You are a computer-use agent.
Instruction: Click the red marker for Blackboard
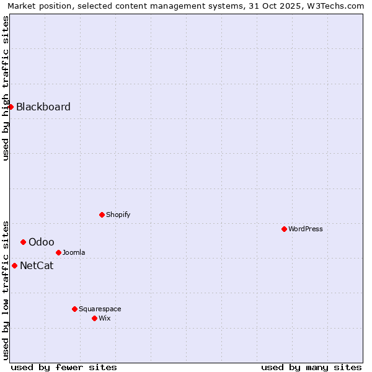coord(11,107)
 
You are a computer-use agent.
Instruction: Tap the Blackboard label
coord(43,107)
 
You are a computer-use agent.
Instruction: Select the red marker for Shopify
coord(102,215)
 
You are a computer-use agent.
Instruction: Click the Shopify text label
coord(118,215)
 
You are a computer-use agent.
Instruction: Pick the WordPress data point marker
coord(284,229)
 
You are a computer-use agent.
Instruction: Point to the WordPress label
coord(305,229)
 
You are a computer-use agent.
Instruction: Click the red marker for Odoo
coord(23,242)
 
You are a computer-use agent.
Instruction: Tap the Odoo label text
coord(41,242)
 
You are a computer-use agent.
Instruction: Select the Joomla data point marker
coord(58,252)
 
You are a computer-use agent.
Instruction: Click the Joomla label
coord(74,252)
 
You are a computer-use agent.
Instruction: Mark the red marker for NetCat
coord(14,265)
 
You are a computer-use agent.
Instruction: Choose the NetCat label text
coord(37,265)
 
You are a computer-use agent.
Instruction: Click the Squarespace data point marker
coord(74,309)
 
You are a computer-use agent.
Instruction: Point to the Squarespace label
coord(100,309)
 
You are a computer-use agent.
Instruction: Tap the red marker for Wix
coord(94,318)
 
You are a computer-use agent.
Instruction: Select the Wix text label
coord(105,318)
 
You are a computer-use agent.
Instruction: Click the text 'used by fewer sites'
coord(64,367)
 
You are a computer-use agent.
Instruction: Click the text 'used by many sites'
coord(311,367)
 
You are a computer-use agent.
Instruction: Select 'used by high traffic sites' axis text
coord(6,88)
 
